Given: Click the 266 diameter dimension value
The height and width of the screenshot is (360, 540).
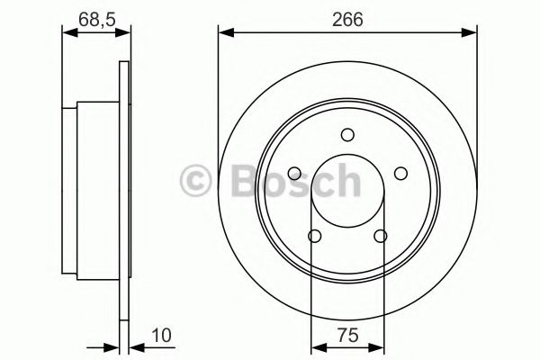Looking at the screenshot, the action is (x=347, y=19).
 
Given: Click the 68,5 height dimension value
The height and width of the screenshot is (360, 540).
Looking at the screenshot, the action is (x=97, y=19).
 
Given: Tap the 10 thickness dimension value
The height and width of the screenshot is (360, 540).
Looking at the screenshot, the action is (x=161, y=335).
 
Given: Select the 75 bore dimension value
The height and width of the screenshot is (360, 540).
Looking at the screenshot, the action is (x=347, y=335).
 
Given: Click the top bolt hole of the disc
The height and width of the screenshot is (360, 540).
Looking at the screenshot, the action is (x=347, y=135).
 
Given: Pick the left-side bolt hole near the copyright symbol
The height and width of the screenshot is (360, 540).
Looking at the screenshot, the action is (x=294, y=174).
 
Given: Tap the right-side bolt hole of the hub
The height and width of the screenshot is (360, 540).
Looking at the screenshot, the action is (x=400, y=174).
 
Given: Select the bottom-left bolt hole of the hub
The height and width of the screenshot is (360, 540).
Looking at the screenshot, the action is (x=315, y=236).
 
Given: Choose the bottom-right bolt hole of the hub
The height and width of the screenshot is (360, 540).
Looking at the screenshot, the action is (x=381, y=236).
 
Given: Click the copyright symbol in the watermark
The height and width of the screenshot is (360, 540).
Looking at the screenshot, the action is (x=195, y=181).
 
